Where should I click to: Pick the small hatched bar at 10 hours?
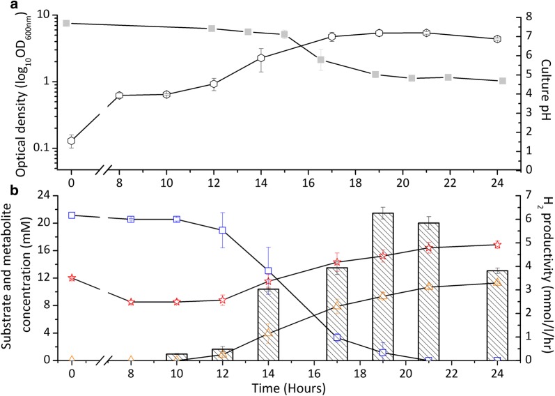pyautogui.click(x=177, y=357)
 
